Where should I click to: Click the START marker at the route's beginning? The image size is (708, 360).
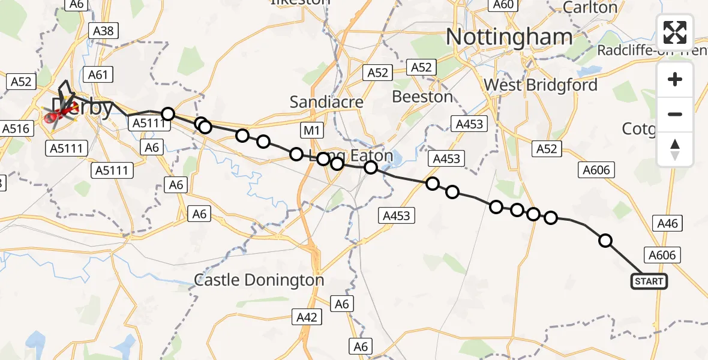click(x=649, y=281)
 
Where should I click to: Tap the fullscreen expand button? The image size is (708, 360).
click(x=675, y=32)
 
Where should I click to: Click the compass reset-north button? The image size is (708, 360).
click(x=675, y=149)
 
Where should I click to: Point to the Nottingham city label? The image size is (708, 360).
click(x=509, y=37)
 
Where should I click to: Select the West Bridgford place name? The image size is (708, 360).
click(x=541, y=85)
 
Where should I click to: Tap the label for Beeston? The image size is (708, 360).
click(x=422, y=97)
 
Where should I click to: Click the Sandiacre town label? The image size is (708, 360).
click(x=326, y=102)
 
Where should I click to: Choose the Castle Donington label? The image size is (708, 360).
click(x=259, y=280)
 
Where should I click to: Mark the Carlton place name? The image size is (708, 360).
click(x=590, y=8)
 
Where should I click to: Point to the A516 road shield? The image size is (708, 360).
click(x=16, y=128)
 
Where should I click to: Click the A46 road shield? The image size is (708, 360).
click(x=667, y=224)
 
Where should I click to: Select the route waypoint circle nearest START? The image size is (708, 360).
click(x=605, y=241)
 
